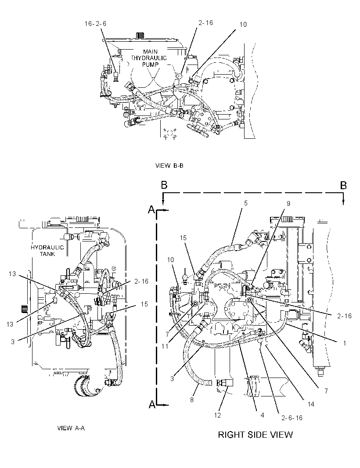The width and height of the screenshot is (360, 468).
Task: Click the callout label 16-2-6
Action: click(95, 24)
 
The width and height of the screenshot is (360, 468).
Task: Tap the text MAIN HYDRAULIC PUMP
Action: click(150, 58)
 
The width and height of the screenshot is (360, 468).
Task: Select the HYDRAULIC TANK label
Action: click(47, 251)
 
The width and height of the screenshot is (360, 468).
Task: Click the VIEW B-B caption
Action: click(169, 166)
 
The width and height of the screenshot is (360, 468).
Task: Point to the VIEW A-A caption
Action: click(71, 428)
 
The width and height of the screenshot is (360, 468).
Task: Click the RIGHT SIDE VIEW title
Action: click(255, 435)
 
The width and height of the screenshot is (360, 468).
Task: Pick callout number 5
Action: click(246, 203)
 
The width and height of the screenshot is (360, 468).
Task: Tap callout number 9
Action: click(288, 204)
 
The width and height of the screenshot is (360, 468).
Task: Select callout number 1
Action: click(345, 343)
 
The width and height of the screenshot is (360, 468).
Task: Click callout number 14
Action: click(311, 404)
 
